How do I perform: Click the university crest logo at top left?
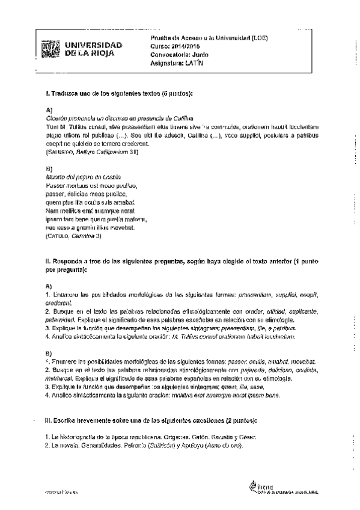52,49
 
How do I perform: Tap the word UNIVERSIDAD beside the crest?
93,45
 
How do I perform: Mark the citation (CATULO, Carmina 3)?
74,236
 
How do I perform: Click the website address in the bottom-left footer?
62,492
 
